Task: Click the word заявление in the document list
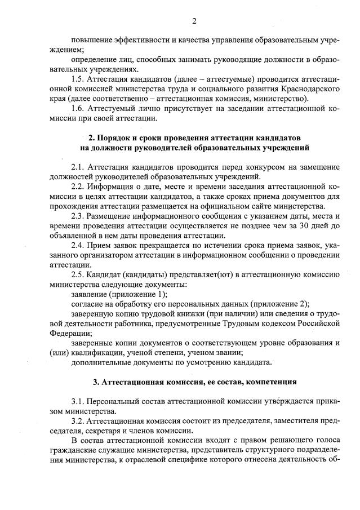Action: (x=90, y=294)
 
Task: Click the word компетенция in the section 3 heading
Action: (x=269, y=382)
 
